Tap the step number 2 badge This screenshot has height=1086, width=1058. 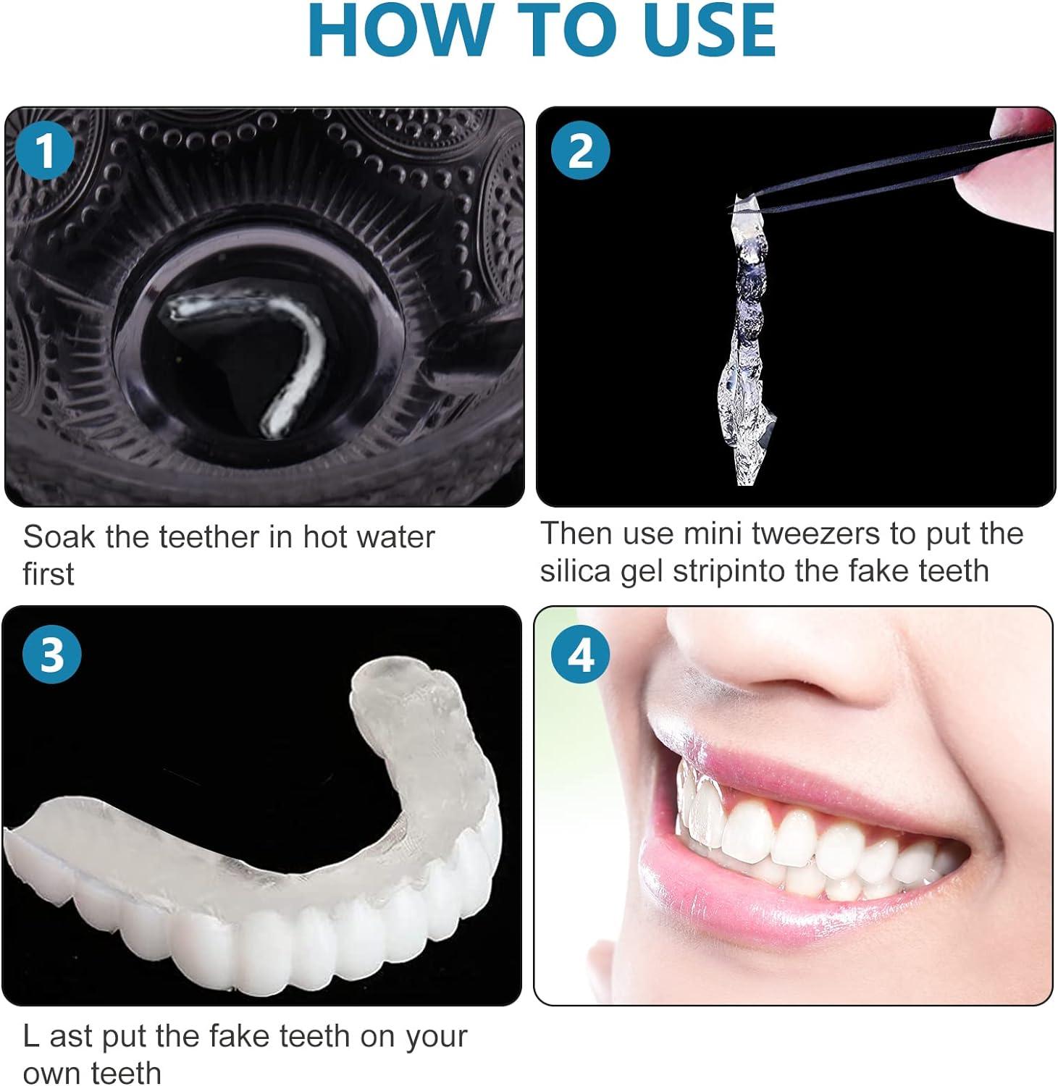tap(580, 151)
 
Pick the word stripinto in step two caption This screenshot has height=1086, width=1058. tap(729, 571)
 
